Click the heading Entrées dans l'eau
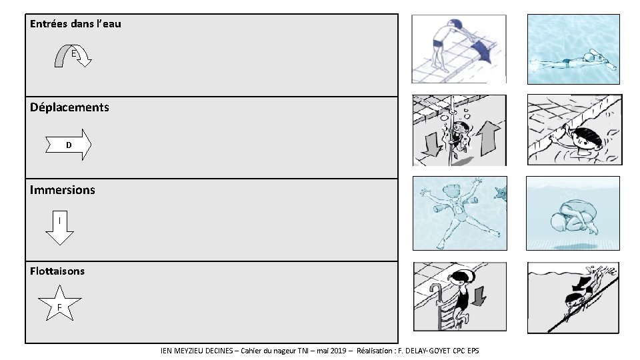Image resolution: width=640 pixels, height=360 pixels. click(75, 24)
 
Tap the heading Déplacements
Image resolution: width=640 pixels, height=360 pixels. click(69, 107)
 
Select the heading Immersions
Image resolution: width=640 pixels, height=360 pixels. click(63, 190)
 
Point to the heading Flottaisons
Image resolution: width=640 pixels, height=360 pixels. click(57, 271)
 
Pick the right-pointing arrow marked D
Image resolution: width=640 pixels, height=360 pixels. click(69, 145)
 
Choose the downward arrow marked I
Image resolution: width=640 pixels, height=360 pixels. click(59, 227)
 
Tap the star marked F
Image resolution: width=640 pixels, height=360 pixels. click(59, 304)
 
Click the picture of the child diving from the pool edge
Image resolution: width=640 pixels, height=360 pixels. click(459, 49)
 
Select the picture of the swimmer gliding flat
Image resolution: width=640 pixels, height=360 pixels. click(573, 49)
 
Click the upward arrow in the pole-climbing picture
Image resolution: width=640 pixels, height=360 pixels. click(489, 139)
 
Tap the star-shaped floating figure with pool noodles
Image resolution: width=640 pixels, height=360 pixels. click(459, 212)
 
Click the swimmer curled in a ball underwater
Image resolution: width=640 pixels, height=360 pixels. click(574, 216)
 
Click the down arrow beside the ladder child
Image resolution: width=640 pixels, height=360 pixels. click(479, 296)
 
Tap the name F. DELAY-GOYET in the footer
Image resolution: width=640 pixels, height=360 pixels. click(424, 351)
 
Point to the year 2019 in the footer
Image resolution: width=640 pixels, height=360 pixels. click(337, 351)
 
